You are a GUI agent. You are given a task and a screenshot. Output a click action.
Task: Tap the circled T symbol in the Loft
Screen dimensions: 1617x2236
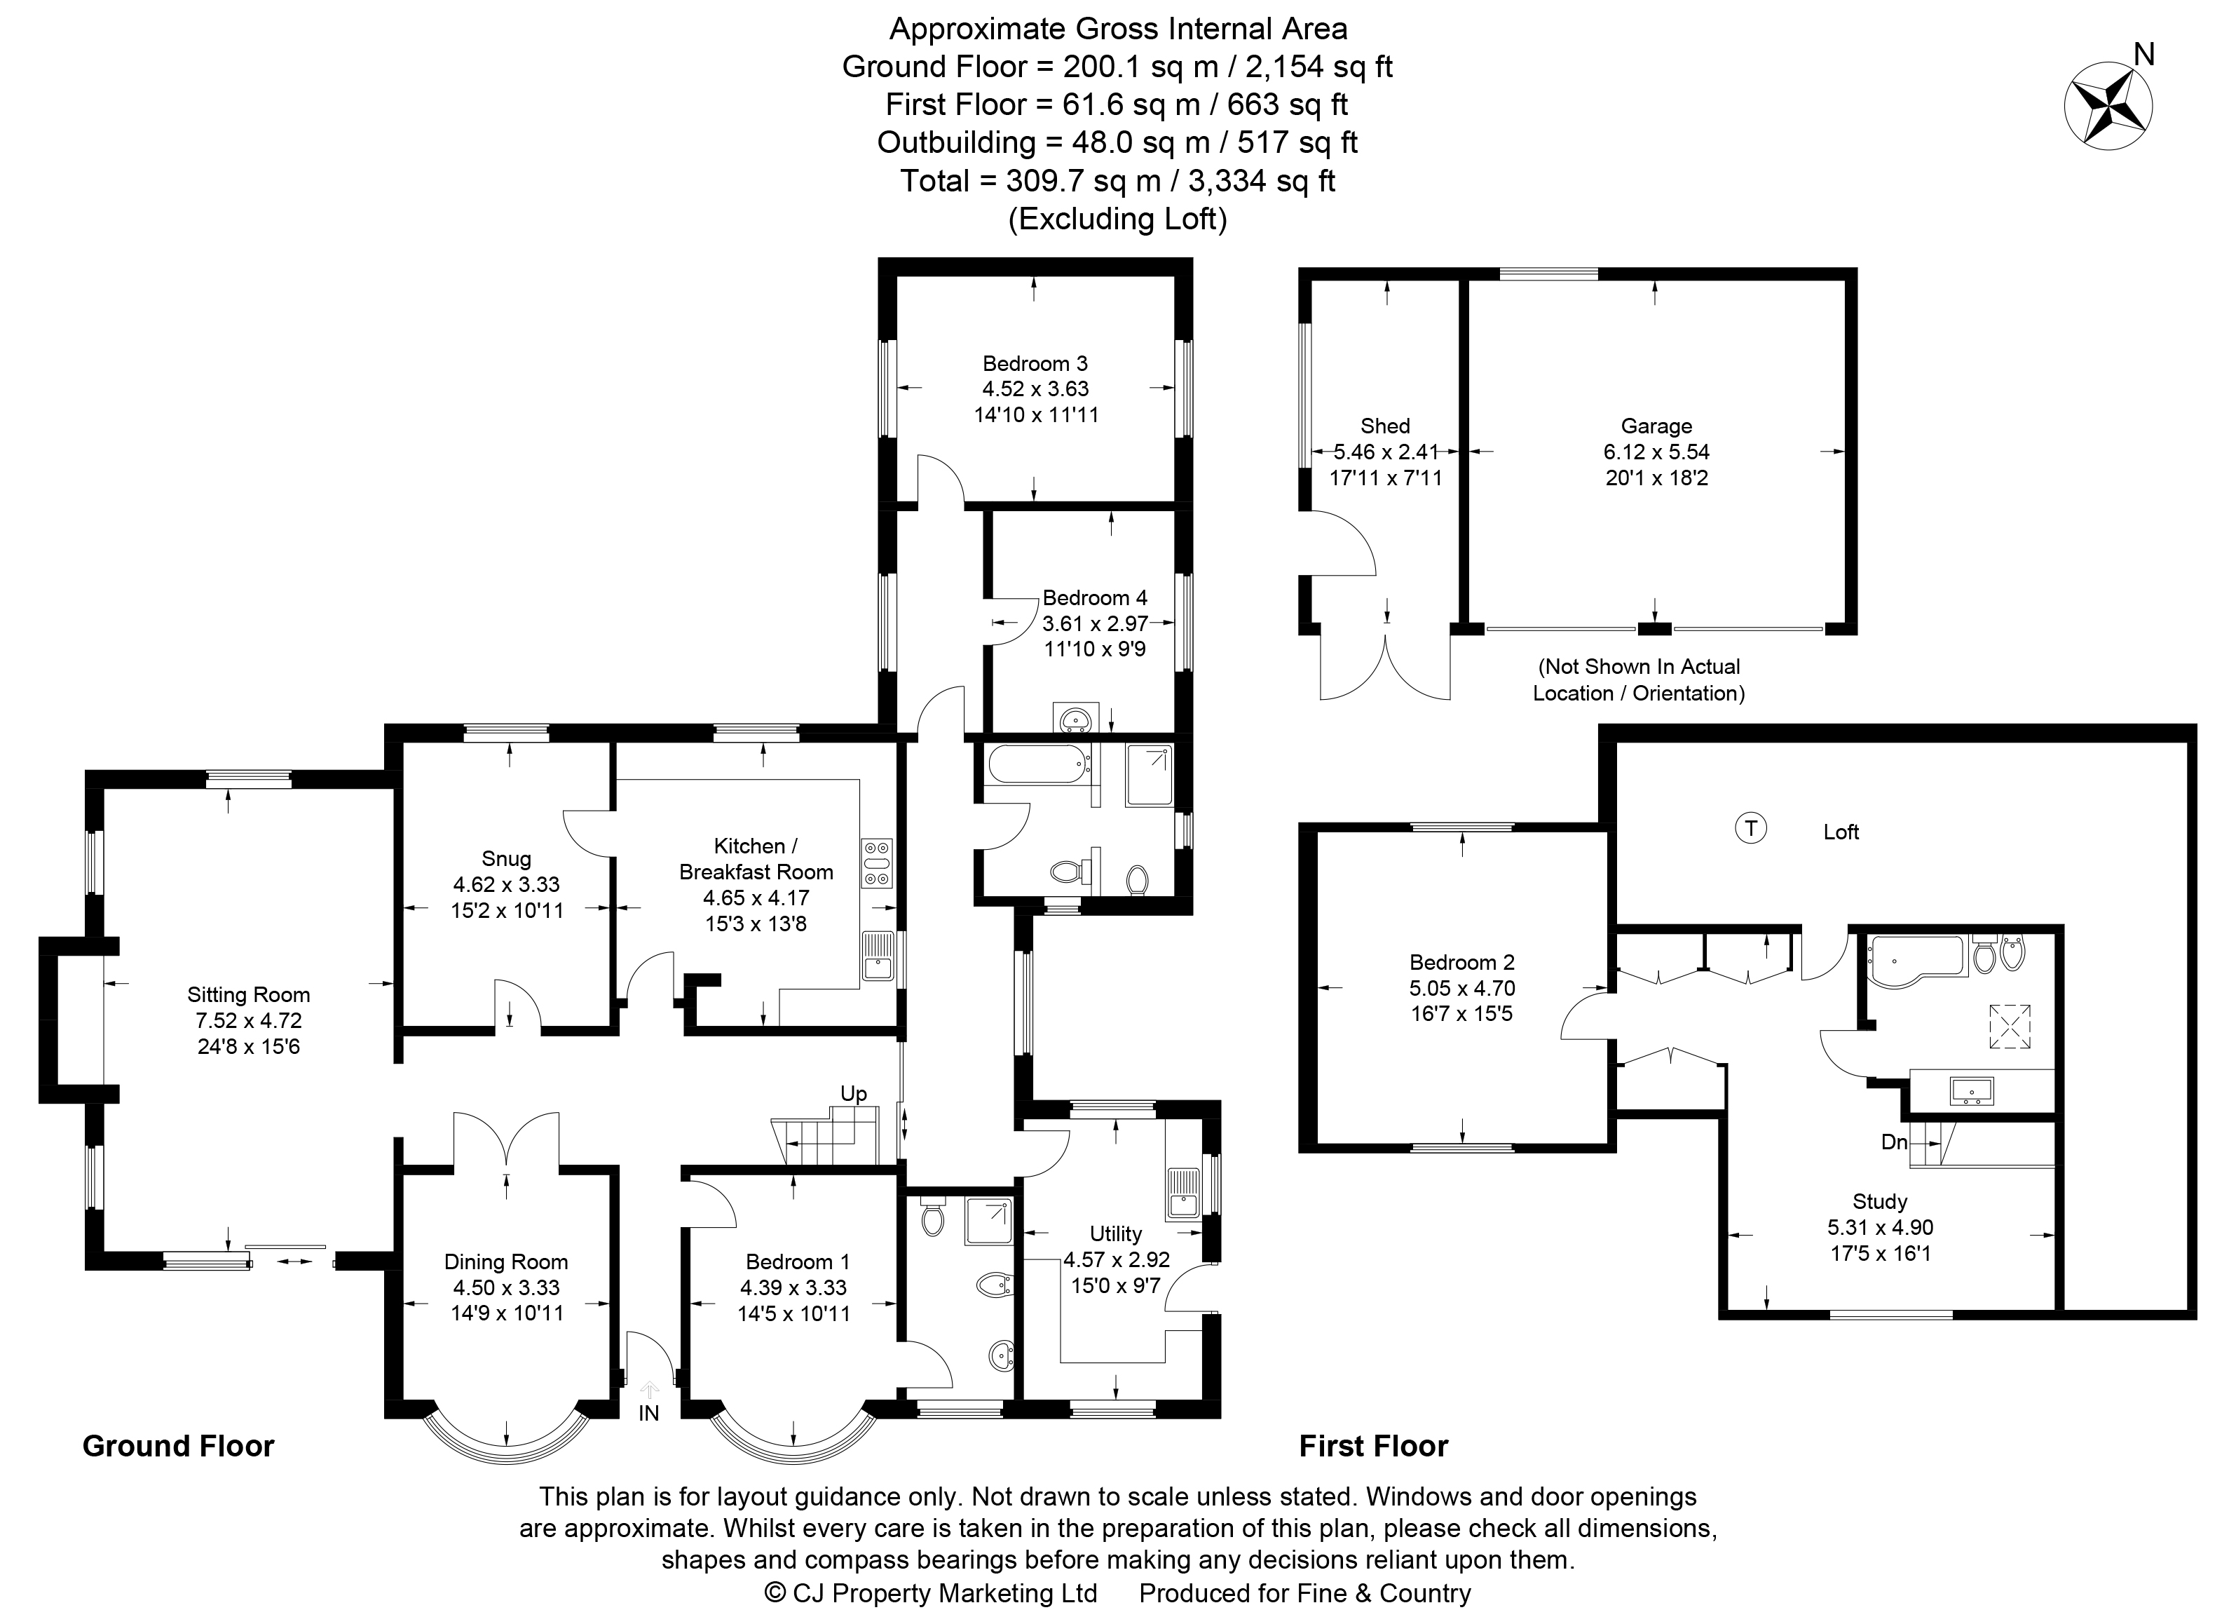point(1750,827)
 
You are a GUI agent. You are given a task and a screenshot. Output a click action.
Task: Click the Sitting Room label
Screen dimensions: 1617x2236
point(248,995)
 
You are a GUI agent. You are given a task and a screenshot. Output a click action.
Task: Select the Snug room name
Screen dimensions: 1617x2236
point(506,859)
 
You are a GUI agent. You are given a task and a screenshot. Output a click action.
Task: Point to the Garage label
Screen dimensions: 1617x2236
point(1656,426)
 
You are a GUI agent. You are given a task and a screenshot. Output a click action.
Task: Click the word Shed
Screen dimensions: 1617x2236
point(1384,426)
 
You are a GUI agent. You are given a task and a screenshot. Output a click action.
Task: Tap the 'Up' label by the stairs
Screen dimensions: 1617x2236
point(853,1093)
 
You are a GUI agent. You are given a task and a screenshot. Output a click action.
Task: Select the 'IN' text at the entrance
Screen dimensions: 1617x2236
point(648,1413)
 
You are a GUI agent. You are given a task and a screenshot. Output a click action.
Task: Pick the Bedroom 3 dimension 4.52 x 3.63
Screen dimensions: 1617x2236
point(1035,388)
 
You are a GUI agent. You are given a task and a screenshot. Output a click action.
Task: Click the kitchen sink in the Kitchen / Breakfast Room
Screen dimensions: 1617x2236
point(876,956)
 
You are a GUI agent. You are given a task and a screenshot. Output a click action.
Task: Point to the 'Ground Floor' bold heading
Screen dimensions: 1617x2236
point(177,1447)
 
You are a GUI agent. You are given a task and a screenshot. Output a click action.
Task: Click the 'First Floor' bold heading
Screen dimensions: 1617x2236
point(1372,1447)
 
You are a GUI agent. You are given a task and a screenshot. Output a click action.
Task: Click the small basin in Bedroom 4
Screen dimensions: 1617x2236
point(1070,718)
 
